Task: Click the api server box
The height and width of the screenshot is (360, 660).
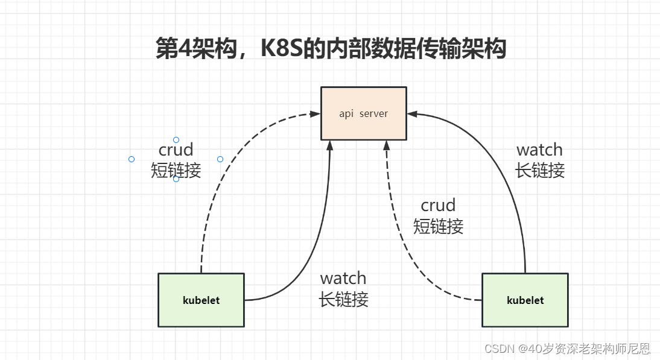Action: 363,113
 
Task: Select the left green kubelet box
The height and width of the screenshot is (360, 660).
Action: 201,300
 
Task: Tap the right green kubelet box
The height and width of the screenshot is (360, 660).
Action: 525,300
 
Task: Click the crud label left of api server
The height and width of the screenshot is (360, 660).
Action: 176,150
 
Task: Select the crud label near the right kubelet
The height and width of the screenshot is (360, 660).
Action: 438,206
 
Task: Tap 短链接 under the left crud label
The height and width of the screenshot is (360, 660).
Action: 176,171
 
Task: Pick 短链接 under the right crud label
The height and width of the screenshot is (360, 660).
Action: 438,227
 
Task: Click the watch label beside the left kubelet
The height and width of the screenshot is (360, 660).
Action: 343,279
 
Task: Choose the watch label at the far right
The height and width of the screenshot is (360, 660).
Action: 539,150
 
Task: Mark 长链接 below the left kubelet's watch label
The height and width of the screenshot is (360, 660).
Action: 343,299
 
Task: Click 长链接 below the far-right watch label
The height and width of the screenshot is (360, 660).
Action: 539,171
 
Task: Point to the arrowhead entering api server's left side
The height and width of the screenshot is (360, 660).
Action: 315,113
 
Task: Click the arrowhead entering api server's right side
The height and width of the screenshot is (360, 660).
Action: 411,113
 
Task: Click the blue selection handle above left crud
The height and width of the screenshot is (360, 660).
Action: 176,140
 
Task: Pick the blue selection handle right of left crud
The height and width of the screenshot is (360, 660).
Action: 220,159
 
